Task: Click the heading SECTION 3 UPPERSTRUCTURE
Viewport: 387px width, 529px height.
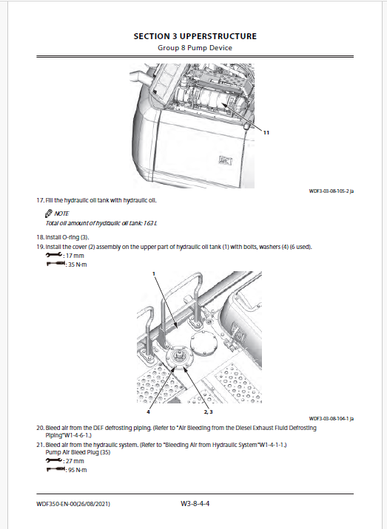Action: click(x=195, y=36)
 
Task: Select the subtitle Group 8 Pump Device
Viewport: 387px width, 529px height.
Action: click(x=195, y=48)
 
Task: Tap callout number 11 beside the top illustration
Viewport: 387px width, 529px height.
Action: click(x=266, y=132)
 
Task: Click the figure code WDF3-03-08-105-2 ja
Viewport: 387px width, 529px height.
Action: click(x=332, y=191)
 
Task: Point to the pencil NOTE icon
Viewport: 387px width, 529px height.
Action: click(x=49, y=214)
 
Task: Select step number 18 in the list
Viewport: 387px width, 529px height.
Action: click(x=40, y=237)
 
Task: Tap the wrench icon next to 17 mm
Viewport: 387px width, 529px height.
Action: click(x=54, y=255)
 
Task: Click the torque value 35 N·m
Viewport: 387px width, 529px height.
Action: click(x=78, y=264)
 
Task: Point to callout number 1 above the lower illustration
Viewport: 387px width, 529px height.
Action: click(x=154, y=273)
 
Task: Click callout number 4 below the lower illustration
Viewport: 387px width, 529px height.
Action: click(x=148, y=412)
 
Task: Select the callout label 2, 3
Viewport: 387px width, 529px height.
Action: click(x=208, y=412)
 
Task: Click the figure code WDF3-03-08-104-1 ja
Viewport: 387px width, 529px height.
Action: click(x=332, y=419)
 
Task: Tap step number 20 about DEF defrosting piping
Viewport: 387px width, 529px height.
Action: click(x=40, y=428)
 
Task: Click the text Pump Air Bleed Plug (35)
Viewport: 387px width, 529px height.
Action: click(x=78, y=452)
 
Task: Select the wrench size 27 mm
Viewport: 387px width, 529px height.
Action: click(x=75, y=461)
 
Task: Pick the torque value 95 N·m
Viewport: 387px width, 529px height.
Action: click(x=78, y=470)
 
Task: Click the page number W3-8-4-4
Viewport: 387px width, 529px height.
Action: click(x=195, y=504)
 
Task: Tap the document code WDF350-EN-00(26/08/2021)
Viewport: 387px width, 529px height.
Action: click(x=73, y=504)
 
